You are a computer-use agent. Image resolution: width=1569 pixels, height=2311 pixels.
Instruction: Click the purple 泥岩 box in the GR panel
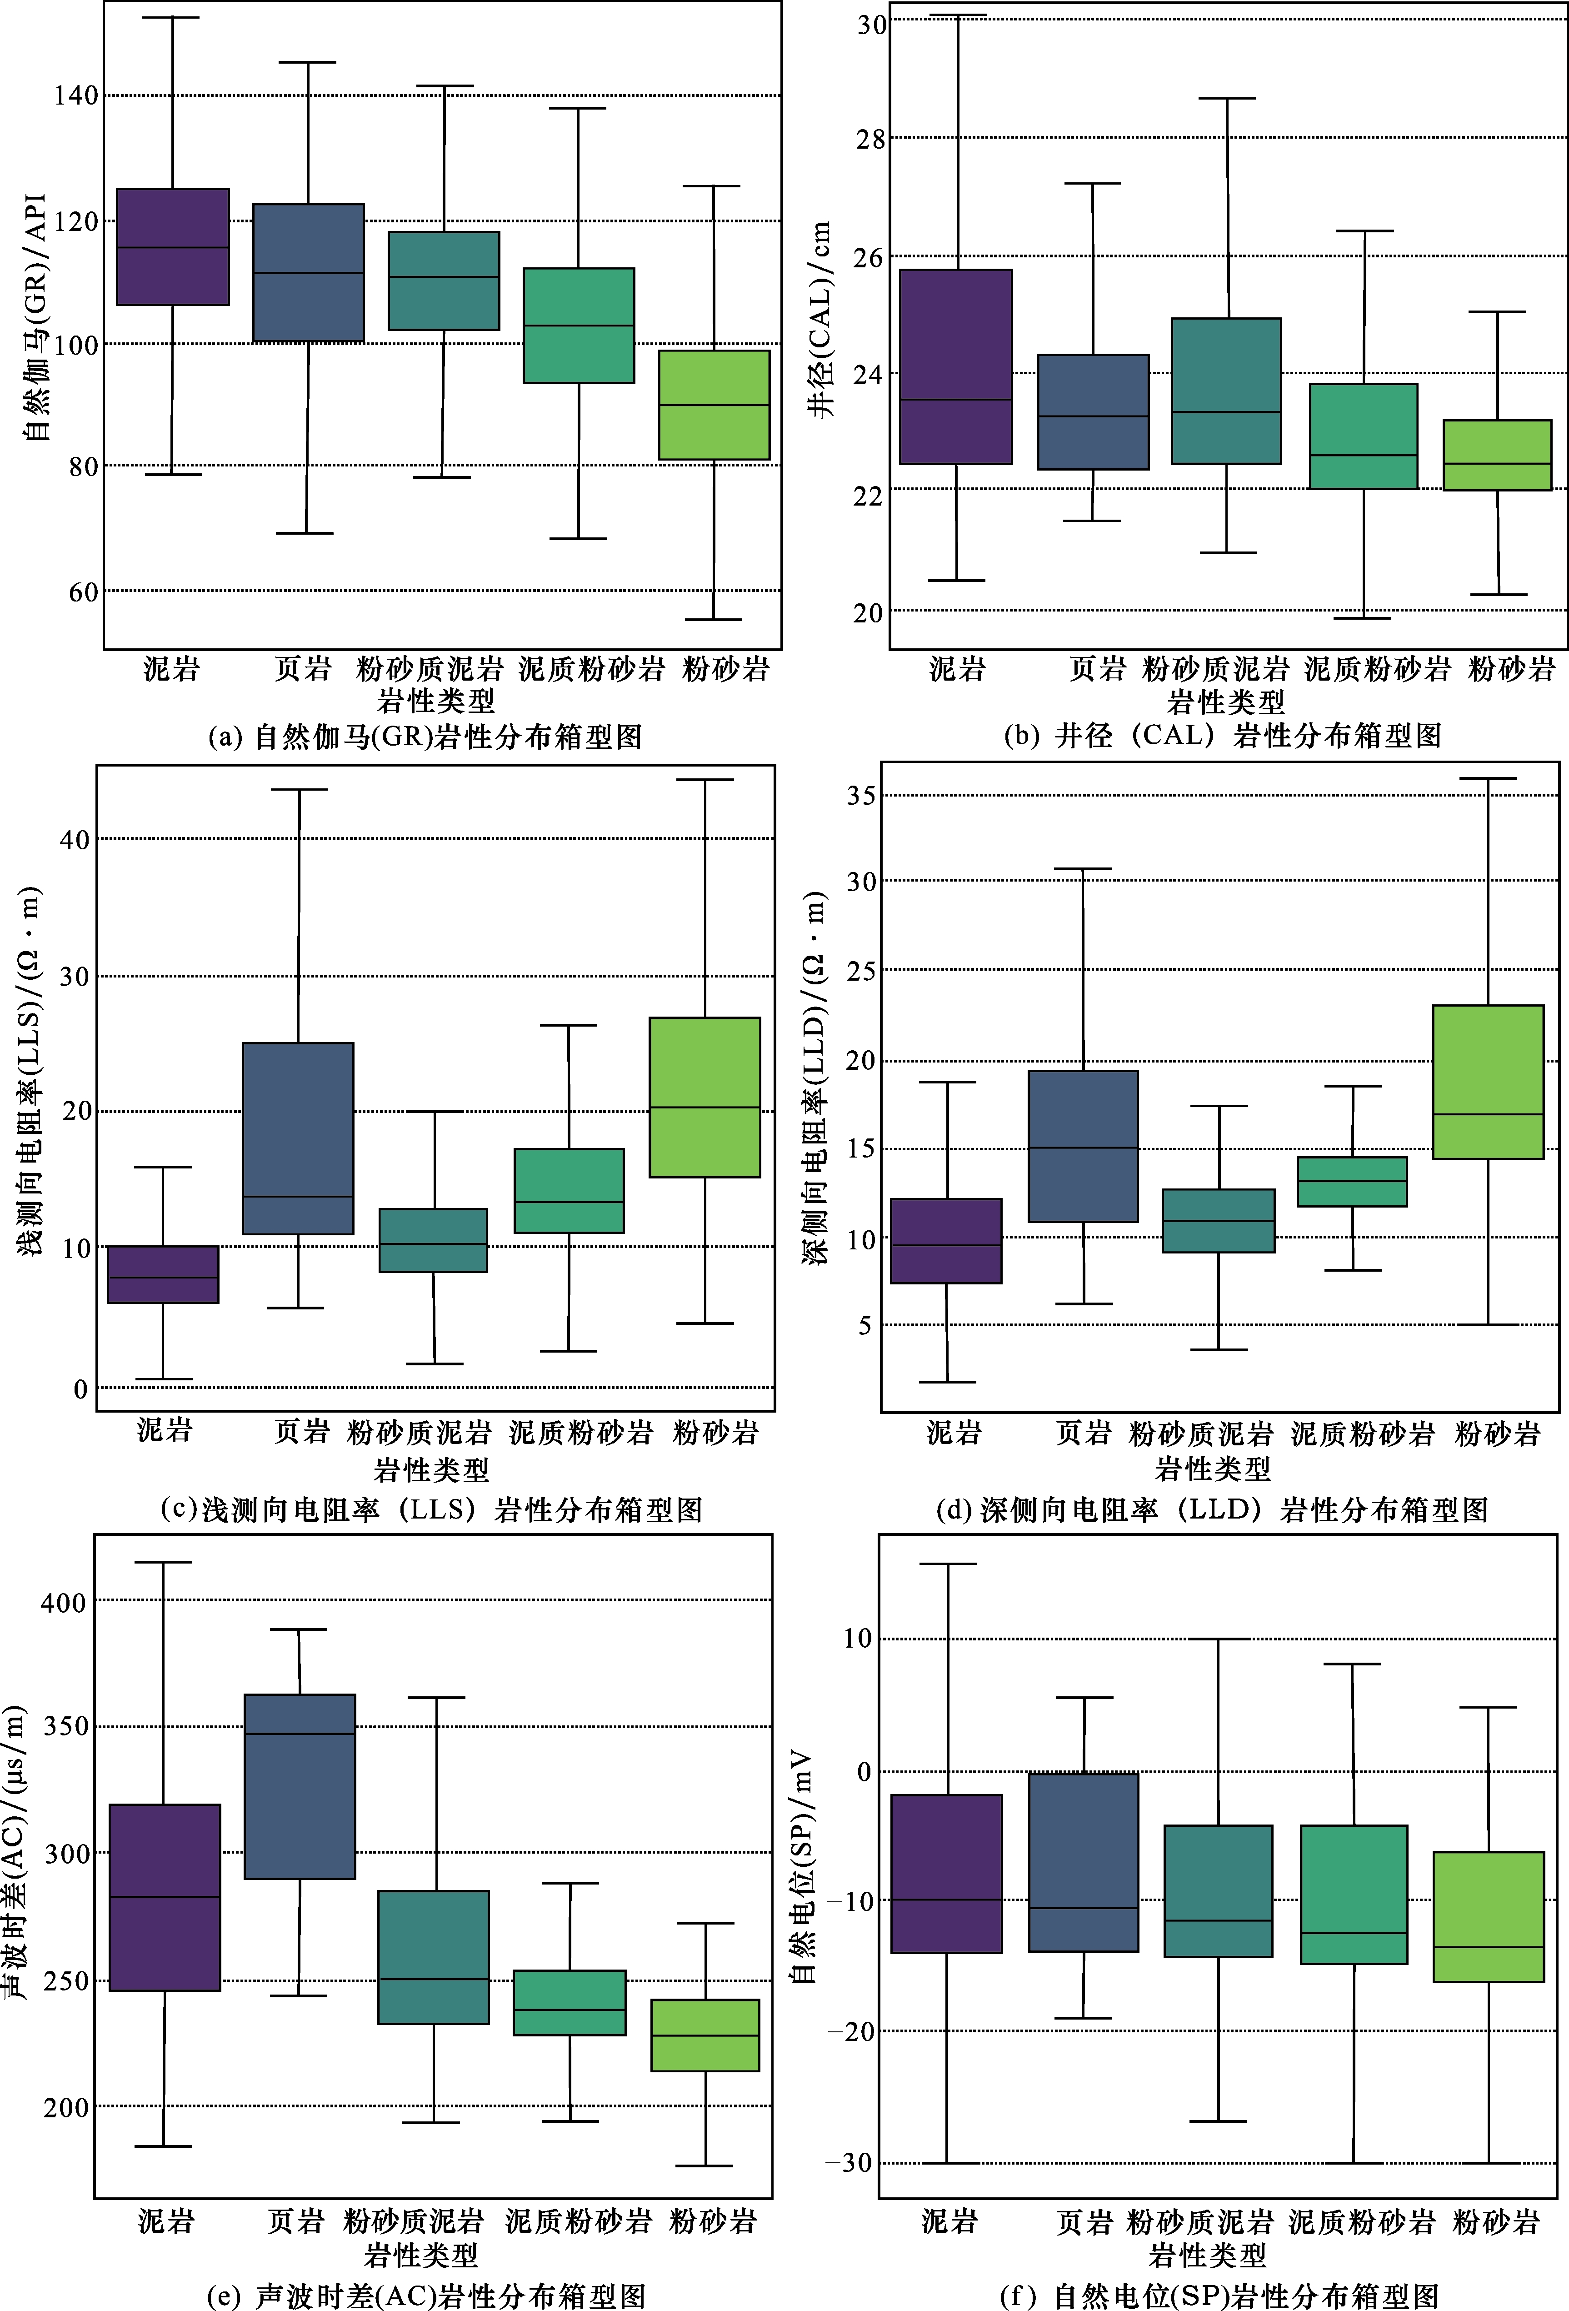(x=173, y=246)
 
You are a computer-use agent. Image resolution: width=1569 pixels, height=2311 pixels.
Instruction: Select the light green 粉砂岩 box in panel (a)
(x=714, y=405)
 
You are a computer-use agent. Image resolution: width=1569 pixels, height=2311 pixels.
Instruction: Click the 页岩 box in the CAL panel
(x=1093, y=411)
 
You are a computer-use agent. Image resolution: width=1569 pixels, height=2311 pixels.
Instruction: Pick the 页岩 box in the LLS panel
(x=298, y=1138)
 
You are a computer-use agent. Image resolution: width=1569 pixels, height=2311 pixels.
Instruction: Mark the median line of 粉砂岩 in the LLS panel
(x=705, y=1107)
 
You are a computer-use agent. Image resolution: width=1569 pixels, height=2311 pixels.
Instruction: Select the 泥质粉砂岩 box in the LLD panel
(x=1352, y=1181)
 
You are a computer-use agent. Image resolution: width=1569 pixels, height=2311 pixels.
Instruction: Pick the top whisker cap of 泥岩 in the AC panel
(x=164, y=1562)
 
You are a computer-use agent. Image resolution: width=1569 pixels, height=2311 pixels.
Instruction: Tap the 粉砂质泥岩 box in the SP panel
(x=1218, y=1891)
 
